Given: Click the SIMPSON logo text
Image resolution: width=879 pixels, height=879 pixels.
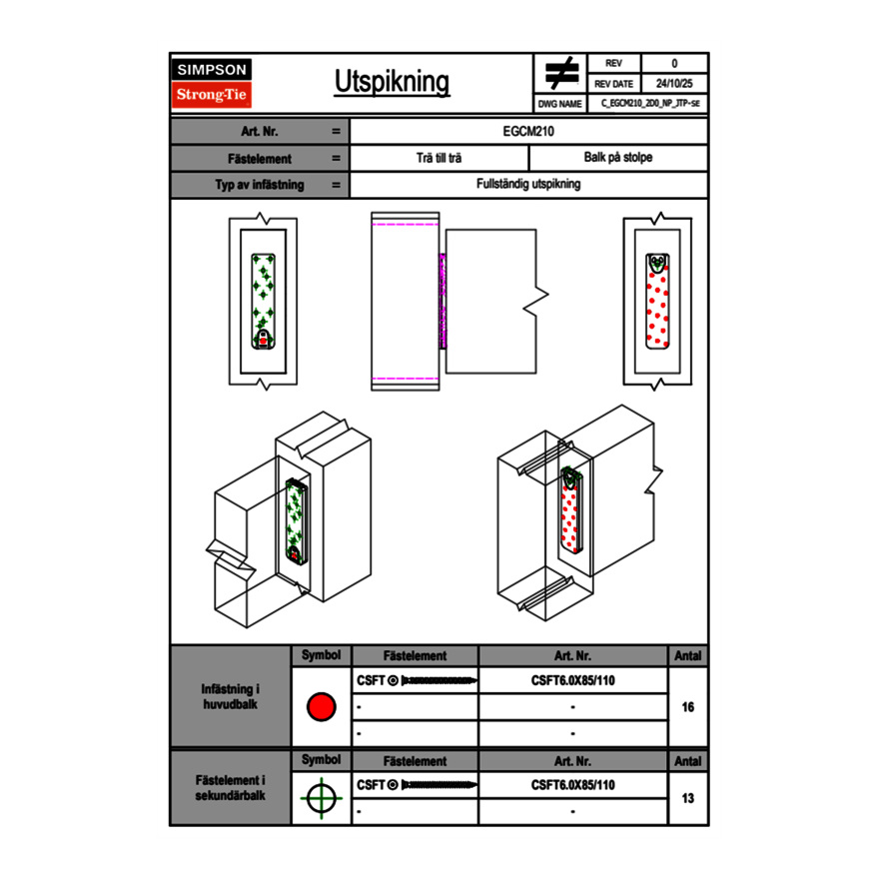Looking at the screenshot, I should (x=212, y=70).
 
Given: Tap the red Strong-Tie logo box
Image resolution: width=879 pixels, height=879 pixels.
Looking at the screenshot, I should (x=212, y=95).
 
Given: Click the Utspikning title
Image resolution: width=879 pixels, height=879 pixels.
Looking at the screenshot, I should (x=392, y=82).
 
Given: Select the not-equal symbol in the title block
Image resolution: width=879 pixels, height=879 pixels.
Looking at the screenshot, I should (x=562, y=73).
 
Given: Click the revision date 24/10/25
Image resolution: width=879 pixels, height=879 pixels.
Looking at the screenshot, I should (x=674, y=84).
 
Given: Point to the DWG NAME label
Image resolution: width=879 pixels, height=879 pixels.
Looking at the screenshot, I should (x=559, y=104).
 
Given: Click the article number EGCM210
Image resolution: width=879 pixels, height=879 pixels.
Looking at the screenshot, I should (x=529, y=131).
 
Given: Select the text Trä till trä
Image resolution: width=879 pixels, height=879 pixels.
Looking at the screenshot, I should (x=439, y=158).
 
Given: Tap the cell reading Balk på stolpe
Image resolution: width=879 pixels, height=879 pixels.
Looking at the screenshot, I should (x=618, y=158).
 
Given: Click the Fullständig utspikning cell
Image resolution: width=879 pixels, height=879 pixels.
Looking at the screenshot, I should (x=529, y=185).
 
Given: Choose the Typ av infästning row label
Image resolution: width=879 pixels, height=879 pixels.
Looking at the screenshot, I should (x=259, y=185).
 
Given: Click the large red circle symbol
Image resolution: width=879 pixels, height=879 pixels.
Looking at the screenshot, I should (x=321, y=707).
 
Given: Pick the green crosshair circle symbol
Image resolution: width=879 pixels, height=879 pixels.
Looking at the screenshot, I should (x=321, y=798).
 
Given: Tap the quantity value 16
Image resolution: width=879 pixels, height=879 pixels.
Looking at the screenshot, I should (x=687, y=707).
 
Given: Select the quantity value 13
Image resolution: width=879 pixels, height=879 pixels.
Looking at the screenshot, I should (x=687, y=798).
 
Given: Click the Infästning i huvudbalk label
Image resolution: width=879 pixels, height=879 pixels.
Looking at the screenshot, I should (x=231, y=697).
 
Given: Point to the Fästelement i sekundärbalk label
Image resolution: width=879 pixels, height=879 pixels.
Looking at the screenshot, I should (x=231, y=787).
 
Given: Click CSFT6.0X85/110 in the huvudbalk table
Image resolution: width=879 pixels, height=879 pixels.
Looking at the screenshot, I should (x=573, y=681).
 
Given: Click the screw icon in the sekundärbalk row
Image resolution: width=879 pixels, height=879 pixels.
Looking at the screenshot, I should (x=438, y=785).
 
